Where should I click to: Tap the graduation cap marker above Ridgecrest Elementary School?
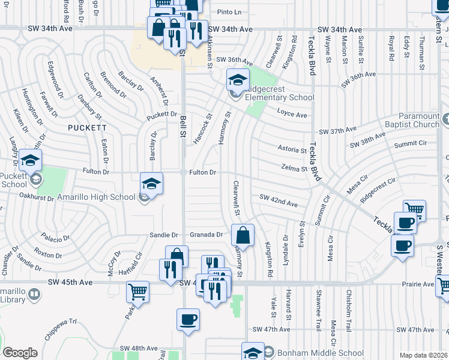pos(238,79)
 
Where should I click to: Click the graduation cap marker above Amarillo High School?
pos(152,183)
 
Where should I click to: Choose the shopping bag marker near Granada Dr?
pos(243,235)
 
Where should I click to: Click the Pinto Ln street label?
pos(229,12)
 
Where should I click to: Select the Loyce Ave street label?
pos(292,114)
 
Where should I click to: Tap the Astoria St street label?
pos(292,148)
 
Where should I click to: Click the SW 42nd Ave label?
pos(278,200)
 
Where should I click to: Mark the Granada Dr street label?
pos(206,235)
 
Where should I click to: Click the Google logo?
pos(20,353)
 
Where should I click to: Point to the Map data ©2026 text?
pos(423,356)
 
